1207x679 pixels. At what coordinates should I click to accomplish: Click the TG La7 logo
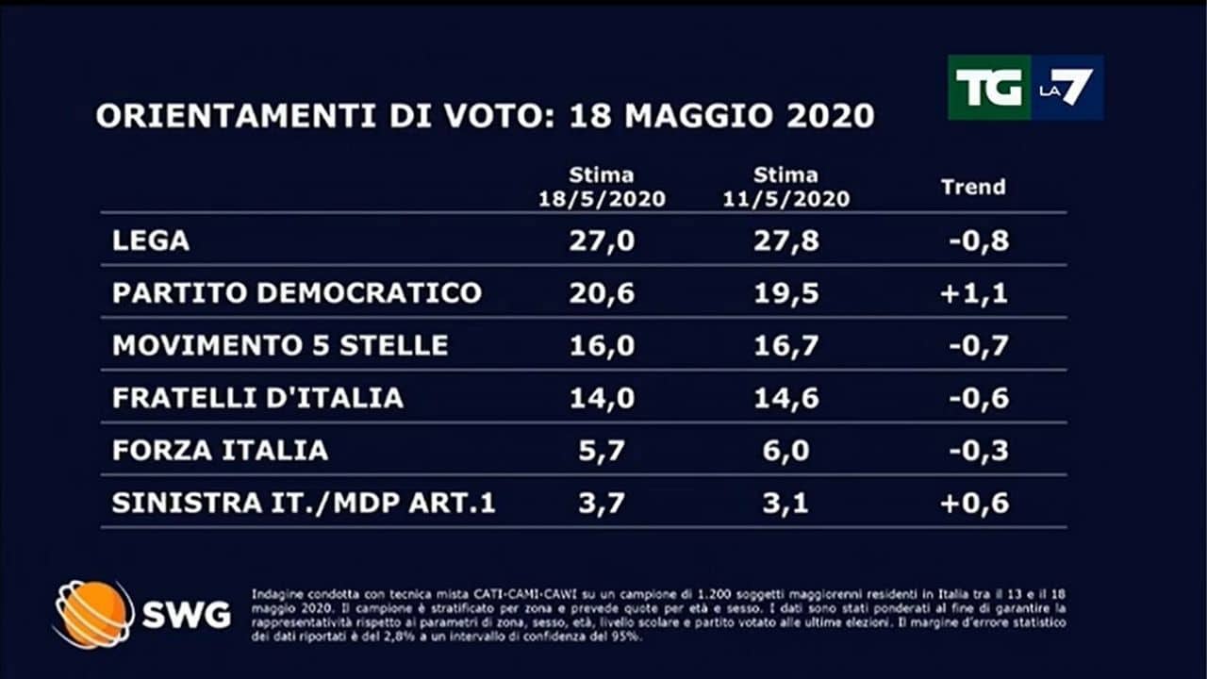pyautogui.click(x=1025, y=88)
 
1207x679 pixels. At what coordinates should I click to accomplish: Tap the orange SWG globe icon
pyautogui.click(x=93, y=614)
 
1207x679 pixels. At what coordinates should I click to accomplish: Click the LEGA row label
pyautogui.click(x=151, y=240)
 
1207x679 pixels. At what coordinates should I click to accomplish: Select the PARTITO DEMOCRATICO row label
pyautogui.click(x=297, y=292)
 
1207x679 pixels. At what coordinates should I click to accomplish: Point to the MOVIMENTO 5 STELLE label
pyautogui.click(x=280, y=345)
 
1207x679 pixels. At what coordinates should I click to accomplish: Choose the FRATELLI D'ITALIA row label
pyautogui.click(x=257, y=398)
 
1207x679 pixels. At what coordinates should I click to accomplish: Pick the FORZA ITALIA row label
pyautogui.click(x=220, y=451)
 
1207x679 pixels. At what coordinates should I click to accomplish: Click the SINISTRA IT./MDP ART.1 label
pyautogui.click(x=304, y=504)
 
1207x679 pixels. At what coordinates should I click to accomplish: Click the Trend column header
pyautogui.click(x=973, y=187)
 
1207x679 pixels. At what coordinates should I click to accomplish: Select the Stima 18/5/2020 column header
pyautogui.click(x=602, y=187)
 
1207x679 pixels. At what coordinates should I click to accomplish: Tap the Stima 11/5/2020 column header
pyautogui.click(x=786, y=187)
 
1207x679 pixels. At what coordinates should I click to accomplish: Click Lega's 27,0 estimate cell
pyautogui.click(x=602, y=240)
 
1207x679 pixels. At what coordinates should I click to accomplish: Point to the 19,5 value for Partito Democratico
pyautogui.click(x=786, y=292)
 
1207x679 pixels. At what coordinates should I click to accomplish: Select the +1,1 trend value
pyautogui.click(x=973, y=292)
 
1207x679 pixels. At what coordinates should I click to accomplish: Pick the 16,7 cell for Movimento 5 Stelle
pyautogui.click(x=786, y=345)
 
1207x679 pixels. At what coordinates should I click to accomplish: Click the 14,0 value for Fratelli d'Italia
pyautogui.click(x=602, y=398)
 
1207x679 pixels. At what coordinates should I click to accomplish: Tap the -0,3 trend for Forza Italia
pyautogui.click(x=978, y=451)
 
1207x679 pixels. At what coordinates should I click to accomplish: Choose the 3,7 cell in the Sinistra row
pyautogui.click(x=602, y=504)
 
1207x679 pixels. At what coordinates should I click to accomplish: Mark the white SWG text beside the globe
pyautogui.click(x=186, y=616)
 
